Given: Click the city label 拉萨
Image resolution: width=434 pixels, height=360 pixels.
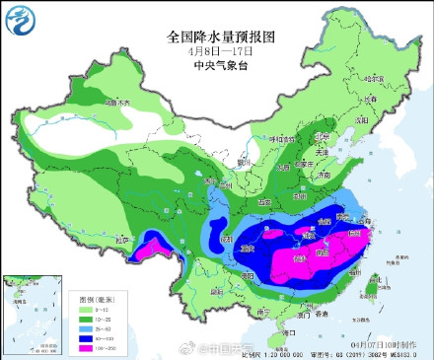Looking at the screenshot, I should (x=120, y=239).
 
